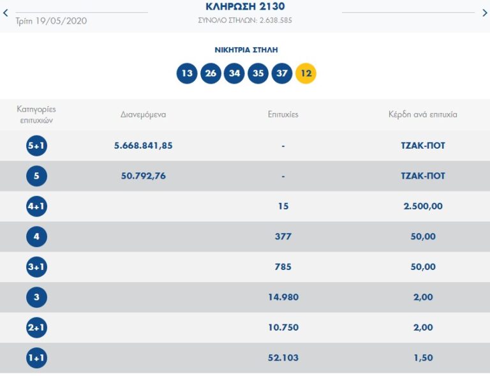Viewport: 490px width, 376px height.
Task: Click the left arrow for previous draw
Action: pos(6,13)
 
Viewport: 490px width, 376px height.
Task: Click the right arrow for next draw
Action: pos(484,13)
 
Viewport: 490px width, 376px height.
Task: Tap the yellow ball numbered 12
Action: pos(306,73)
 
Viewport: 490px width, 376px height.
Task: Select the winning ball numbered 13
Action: pos(187,73)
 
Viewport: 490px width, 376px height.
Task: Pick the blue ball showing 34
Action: pos(234,73)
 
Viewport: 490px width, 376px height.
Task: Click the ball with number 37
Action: pos(282,73)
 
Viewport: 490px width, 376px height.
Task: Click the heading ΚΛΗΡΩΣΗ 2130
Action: pos(246,6)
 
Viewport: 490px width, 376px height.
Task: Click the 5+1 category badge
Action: pos(36,146)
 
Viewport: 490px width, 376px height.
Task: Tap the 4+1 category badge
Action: pos(36,206)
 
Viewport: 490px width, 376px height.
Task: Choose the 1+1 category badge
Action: pos(36,358)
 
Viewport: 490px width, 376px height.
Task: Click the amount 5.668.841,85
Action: pos(144,146)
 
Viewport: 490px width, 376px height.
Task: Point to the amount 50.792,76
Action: pos(144,176)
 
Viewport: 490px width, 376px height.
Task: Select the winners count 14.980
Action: pos(283,297)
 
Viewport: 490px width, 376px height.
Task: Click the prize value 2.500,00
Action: pos(423,206)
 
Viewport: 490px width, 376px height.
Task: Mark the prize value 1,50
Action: pos(423,358)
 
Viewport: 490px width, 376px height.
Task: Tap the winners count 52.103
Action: pos(283,358)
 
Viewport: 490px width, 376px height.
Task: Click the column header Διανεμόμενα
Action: pos(144,115)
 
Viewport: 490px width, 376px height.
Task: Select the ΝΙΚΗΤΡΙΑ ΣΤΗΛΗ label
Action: pos(246,50)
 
